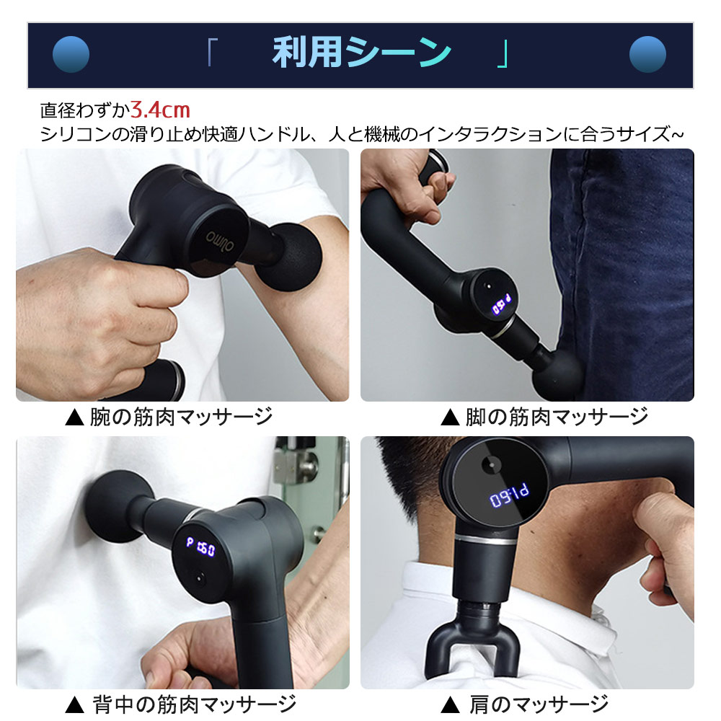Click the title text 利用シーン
361,54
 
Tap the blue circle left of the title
71,55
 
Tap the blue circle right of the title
647,55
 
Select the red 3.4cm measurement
161,110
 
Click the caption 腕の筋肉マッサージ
180,417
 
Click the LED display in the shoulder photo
509,497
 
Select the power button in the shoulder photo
489,466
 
